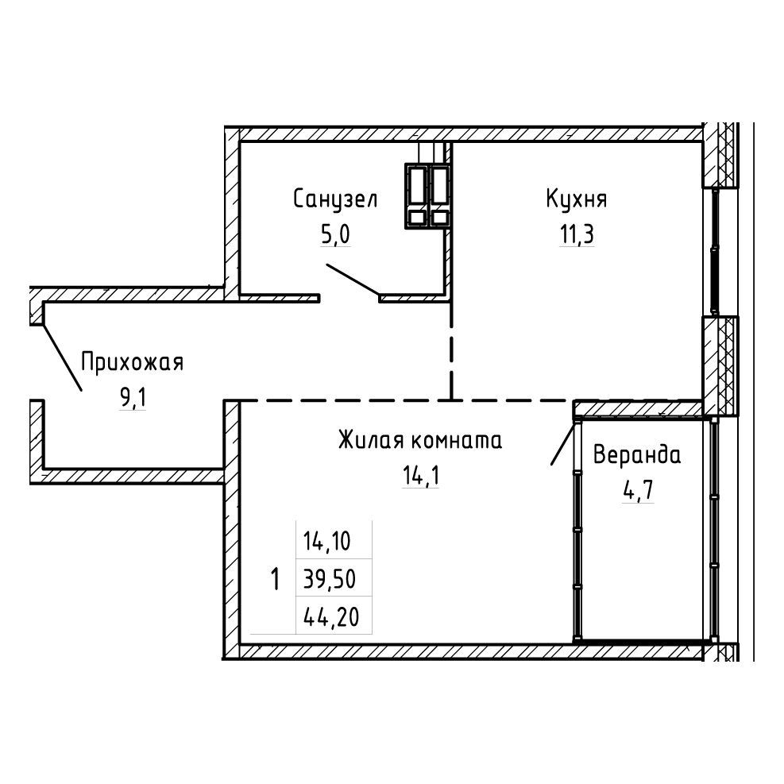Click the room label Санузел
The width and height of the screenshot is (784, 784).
[x=335, y=199]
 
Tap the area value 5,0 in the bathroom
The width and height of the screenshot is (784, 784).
[x=335, y=234]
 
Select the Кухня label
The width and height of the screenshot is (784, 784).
[x=577, y=199]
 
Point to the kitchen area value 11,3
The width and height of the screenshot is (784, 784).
[x=577, y=234]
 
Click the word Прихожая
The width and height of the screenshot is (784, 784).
[x=133, y=362]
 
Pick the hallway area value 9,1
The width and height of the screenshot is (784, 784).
[x=133, y=398]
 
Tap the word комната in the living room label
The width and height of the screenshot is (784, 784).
[x=457, y=442]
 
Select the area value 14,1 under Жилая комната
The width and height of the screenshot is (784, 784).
[x=421, y=476]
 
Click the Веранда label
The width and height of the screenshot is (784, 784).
[x=637, y=455]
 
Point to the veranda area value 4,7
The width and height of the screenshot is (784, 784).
[x=638, y=491]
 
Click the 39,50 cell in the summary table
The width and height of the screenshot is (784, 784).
[x=330, y=579]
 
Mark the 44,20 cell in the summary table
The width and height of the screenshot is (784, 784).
[x=331, y=617]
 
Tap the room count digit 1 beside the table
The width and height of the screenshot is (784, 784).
[x=275, y=579]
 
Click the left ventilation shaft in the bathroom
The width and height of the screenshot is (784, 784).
[x=417, y=196]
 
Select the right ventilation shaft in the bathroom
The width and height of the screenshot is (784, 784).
[x=439, y=196]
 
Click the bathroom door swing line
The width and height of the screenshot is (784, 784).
[x=353, y=280]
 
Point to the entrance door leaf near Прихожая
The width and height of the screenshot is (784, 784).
[x=62, y=357]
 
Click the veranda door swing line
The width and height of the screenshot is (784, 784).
[x=564, y=442]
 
